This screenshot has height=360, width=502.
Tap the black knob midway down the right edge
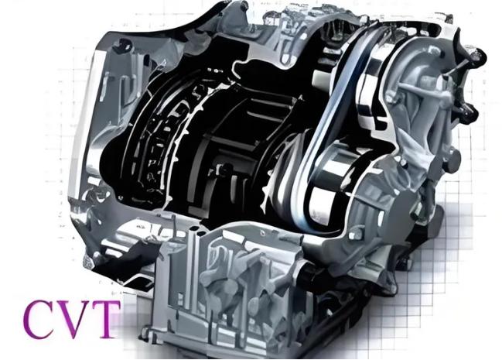click(x=470, y=112)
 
